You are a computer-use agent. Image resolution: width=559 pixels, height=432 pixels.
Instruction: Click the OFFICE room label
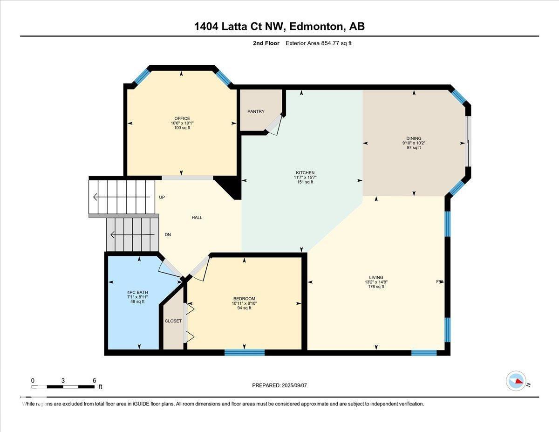[182, 118]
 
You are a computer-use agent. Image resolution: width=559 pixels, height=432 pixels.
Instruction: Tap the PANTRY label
[256, 111]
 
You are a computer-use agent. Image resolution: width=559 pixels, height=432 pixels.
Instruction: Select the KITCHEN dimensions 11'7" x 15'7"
[305, 178]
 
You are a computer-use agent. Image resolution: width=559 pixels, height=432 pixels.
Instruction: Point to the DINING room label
[414, 138]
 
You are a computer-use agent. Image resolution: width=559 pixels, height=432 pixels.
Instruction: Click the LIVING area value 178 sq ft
[376, 287]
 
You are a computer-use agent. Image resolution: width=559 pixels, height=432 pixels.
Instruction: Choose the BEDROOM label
[244, 299]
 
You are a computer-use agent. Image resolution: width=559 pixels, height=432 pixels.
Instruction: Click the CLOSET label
[173, 321]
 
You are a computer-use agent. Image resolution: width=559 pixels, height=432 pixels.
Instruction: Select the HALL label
[197, 218]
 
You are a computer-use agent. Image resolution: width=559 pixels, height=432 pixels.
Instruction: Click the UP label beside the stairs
[162, 197]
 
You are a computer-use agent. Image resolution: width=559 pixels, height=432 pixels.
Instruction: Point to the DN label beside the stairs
[168, 235]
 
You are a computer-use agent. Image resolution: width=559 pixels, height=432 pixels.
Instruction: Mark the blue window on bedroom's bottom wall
[245, 352]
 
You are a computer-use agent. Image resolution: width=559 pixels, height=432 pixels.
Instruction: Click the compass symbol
[516, 381]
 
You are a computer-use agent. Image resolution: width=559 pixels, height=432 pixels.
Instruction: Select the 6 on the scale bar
[94, 380]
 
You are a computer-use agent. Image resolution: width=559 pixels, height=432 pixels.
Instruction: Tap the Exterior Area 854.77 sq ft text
[321, 43]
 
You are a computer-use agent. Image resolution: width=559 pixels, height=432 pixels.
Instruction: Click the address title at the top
[279, 27]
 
